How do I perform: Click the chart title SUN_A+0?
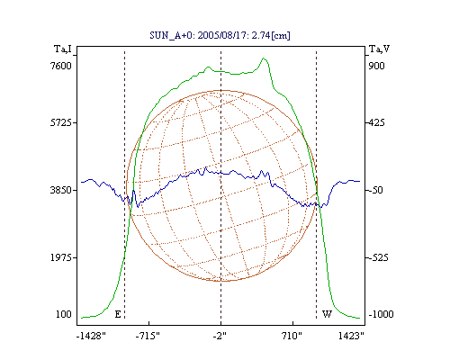pyautogui.click(x=172, y=35)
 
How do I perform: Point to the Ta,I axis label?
pyautogui.click(x=63, y=49)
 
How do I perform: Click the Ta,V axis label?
pyautogui.click(x=379, y=49)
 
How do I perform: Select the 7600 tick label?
pyautogui.click(x=61, y=66)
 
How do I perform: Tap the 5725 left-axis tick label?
pyautogui.click(x=61, y=122)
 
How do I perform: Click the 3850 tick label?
pyautogui.click(x=61, y=190)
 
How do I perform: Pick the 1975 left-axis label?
pyautogui.click(x=61, y=257)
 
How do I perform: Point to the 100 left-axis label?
pyautogui.click(x=64, y=314)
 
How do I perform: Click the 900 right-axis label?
pyautogui.click(x=376, y=66)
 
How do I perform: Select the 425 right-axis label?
pyautogui.click(x=376, y=122)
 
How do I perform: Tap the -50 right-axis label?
pyautogui.click(x=376, y=190)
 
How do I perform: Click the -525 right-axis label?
pyautogui.click(x=379, y=257)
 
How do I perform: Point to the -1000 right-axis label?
pyautogui.click(x=381, y=314)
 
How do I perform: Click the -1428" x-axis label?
pyautogui.click(x=91, y=336)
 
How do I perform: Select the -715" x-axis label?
pyautogui.click(x=148, y=336)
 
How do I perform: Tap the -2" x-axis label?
pyautogui.click(x=220, y=336)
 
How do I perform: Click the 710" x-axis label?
pyautogui.click(x=292, y=336)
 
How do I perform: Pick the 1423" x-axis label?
pyautogui.click(x=351, y=336)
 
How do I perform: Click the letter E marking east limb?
pyautogui.click(x=118, y=314)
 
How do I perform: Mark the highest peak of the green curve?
pyautogui.click(x=264, y=58)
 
